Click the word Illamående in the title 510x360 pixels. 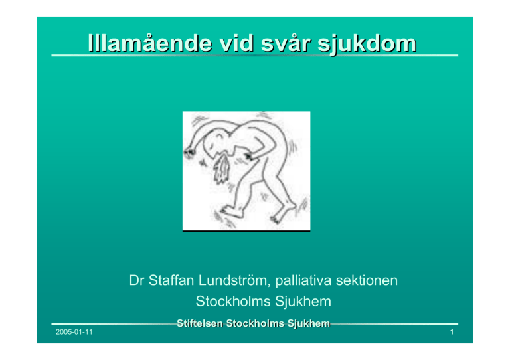point(150,43)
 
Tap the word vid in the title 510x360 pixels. point(236,43)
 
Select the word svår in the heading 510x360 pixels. point(286,43)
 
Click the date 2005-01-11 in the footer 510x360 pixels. point(74,332)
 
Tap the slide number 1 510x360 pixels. point(452,332)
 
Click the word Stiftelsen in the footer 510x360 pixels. point(200,323)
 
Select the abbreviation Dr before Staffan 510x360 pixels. point(137,280)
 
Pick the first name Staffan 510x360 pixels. point(171,280)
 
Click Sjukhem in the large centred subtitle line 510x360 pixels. point(303,302)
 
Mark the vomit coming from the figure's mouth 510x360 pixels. point(222,169)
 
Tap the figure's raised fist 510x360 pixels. point(189,153)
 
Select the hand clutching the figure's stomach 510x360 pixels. point(250,157)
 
